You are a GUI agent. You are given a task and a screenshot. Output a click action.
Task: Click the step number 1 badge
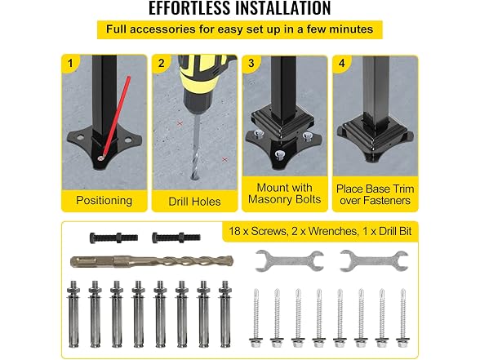tap(70, 63)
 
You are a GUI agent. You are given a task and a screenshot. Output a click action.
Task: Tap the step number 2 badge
tap(161, 63)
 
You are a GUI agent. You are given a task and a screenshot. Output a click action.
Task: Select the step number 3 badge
tap(251, 63)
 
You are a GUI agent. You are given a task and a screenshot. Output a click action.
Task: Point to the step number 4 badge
tap(341, 63)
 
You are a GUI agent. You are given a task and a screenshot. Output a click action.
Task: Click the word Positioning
tap(104, 201)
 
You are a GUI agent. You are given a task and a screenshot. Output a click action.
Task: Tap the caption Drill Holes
tap(194, 202)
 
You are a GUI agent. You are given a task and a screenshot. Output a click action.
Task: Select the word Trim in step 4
tap(401, 189)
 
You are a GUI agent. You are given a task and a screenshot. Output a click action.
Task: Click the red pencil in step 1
tap(115, 118)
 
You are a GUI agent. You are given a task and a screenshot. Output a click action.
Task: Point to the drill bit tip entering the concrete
tap(194, 176)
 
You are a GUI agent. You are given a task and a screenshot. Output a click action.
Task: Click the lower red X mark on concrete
tap(224, 159)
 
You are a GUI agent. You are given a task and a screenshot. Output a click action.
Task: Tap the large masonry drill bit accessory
tap(152, 261)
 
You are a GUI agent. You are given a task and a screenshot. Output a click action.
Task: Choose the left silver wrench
tap(289, 261)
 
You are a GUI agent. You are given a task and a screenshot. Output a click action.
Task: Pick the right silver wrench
tap(374, 261)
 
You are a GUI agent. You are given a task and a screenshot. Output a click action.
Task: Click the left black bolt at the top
tap(113, 238)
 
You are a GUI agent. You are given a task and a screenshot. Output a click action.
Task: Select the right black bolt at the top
tap(176, 238)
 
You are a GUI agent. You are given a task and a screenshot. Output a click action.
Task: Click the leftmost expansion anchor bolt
tap(73, 314)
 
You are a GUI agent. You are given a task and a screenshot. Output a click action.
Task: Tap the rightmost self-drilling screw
tap(402, 318)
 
